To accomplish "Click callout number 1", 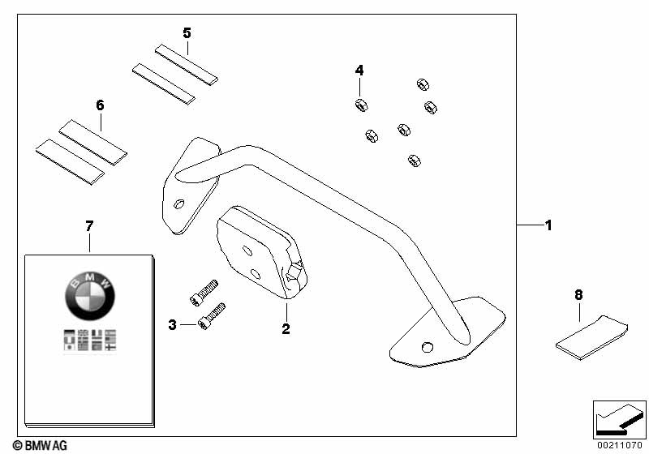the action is click(548, 225).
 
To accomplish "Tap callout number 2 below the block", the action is click(286, 328).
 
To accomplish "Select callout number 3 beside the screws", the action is click(172, 325).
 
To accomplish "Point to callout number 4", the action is click(359, 71).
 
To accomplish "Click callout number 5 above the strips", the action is click(187, 33).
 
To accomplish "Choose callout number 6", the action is click(100, 105).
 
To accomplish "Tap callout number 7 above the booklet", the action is click(89, 225).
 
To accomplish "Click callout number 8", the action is click(578, 295).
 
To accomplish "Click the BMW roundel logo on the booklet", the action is click(90, 295).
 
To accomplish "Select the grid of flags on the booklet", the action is click(90, 340).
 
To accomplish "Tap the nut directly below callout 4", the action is click(361, 105).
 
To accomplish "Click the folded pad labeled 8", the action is click(591, 337).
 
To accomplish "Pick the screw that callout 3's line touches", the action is click(212, 316).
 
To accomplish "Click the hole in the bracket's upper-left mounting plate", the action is click(179, 203).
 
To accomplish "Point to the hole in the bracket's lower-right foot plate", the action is click(428, 347).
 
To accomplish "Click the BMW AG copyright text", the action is click(40, 445).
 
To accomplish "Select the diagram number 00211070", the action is click(619, 445).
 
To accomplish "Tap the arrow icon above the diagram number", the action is click(619, 419).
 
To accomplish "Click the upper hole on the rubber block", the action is click(247, 251).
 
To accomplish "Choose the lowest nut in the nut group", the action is click(415, 161).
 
